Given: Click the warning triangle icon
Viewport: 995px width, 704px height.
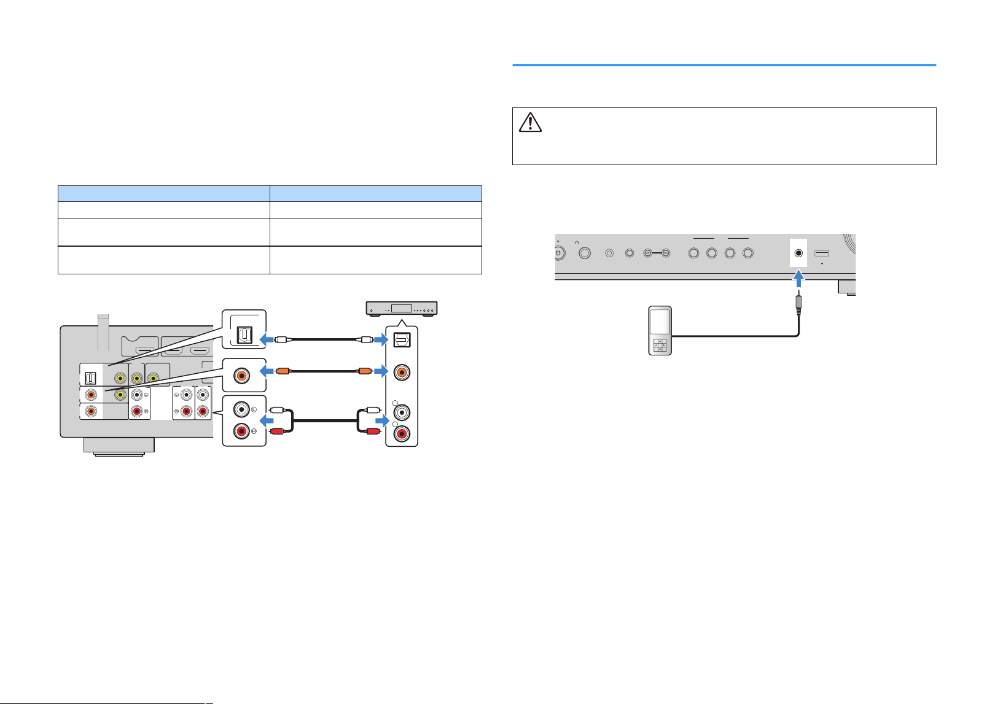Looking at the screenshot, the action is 530,123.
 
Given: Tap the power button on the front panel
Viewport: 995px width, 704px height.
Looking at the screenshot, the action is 559,253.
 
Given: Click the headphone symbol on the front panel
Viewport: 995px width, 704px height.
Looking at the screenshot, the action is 577,242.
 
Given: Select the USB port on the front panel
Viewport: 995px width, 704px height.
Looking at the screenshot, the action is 821,253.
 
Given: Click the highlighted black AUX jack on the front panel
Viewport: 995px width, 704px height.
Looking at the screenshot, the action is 798,253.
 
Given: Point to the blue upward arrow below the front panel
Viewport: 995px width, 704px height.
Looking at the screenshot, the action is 798,279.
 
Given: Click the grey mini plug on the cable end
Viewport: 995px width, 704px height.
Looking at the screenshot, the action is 798,303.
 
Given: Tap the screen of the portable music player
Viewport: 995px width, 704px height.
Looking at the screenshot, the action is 660,322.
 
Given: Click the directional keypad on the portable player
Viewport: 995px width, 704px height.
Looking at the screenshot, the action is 660,346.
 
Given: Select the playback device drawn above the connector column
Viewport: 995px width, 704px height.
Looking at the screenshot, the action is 402,309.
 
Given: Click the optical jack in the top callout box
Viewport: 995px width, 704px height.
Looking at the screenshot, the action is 244,336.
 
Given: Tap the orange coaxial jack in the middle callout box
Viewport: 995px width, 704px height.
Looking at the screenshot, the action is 241,376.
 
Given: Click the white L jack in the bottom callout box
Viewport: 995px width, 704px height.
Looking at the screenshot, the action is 241,409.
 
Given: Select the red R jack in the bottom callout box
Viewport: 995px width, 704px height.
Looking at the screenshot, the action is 241,431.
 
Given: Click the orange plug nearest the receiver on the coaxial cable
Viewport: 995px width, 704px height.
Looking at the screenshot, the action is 283,371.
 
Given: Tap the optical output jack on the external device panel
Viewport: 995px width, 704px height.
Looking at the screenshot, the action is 402,340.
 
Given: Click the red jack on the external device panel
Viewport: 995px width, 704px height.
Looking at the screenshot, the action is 402,434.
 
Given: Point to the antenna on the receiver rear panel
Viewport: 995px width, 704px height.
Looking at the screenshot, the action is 103,332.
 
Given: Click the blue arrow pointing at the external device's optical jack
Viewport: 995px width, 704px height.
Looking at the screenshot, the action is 381,340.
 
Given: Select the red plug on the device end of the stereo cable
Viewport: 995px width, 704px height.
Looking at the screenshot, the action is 372,431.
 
